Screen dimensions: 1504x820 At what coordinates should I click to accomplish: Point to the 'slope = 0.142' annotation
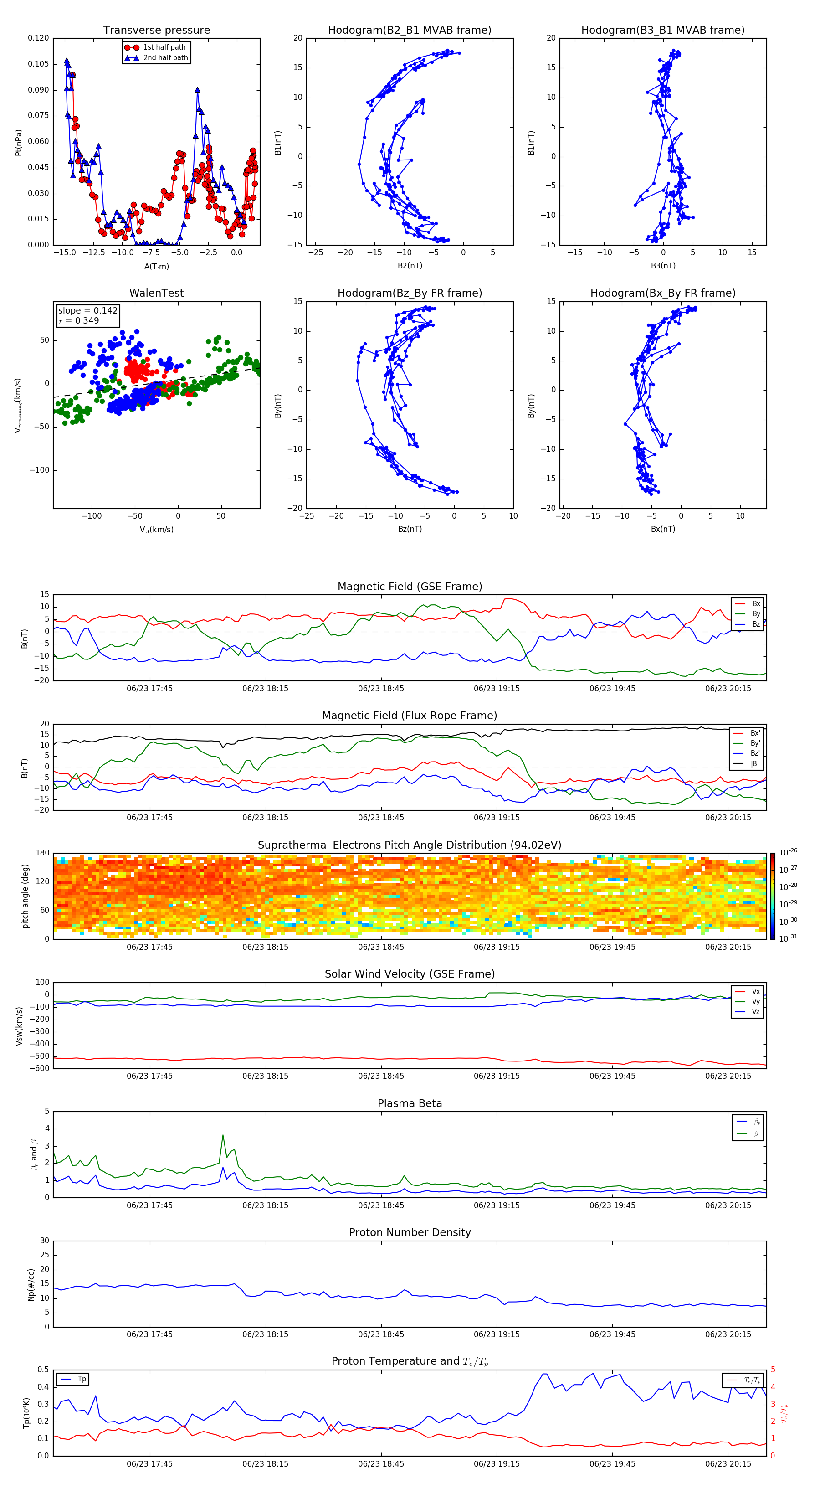click(x=87, y=311)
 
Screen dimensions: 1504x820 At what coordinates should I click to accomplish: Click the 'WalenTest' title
click(x=156, y=293)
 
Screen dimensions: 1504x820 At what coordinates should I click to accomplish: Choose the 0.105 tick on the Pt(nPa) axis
click(x=39, y=64)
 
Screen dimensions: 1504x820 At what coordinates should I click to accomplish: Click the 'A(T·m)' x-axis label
click(x=156, y=266)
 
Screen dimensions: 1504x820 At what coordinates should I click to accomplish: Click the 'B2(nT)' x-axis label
click(x=410, y=266)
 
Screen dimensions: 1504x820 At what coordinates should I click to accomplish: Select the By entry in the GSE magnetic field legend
click(x=756, y=613)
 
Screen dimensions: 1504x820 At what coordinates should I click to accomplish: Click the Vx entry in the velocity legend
click(x=756, y=991)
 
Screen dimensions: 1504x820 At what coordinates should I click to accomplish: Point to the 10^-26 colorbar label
click(x=788, y=852)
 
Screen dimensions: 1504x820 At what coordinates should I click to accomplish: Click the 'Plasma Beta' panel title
click(x=410, y=1103)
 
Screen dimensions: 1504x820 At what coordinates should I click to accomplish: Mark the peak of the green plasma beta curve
click(x=222, y=1135)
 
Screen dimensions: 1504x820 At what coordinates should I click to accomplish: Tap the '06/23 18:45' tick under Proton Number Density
click(x=381, y=1334)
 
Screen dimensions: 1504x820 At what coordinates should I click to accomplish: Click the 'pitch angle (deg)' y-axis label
click(x=26, y=896)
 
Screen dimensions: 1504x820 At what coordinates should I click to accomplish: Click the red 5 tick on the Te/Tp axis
click(x=773, y=1370)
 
